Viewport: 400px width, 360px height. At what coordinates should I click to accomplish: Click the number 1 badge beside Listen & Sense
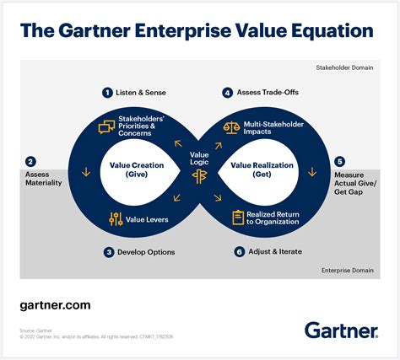click(107, 93)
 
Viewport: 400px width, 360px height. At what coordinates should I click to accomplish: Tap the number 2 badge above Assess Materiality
click(30, 161)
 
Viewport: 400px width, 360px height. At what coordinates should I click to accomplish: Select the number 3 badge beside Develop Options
click(109, 251)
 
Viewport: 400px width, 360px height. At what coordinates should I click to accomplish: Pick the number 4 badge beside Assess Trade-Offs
click(227, 93)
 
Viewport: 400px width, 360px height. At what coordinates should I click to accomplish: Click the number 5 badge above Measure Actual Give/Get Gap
click(339, 161)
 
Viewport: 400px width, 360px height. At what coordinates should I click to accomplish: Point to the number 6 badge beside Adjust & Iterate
click(239, 251)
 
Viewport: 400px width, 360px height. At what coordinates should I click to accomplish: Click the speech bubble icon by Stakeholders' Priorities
click(106, 127)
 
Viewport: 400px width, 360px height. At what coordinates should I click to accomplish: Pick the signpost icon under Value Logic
click(199, 175)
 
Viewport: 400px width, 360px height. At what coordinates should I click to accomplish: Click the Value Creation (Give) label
click(136, 170)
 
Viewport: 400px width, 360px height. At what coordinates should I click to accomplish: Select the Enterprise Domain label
click(346, 270)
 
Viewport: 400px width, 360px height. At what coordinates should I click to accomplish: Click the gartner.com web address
click(54, 305)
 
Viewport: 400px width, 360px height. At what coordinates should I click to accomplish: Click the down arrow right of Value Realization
click(312, 173)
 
